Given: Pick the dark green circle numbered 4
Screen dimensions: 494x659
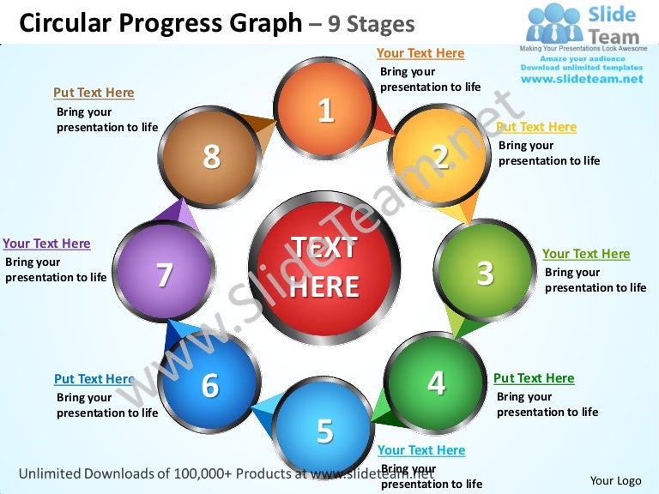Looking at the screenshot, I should click(x=436, y=383).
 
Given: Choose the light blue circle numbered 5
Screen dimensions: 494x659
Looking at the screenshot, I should click(x=324, y=430).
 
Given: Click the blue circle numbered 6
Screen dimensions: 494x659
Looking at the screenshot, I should click(x=210, y=385).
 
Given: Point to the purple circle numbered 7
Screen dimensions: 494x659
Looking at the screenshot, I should click(x=164, y=274).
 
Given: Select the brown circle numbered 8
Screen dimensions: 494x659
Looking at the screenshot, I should click(x=211, y=157).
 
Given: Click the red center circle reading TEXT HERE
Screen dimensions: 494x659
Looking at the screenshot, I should click(x=324, y=268).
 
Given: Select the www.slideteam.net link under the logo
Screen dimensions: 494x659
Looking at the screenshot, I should click(x=582, y=79).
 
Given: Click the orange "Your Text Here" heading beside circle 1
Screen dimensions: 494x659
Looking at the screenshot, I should click(x=420, y=53).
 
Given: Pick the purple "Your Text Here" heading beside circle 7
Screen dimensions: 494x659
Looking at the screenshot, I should click(x=46, y=244).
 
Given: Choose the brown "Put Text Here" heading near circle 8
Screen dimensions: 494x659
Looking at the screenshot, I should click(x=94, y=93).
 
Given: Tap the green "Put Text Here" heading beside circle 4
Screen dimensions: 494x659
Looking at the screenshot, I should click(x=534, y=378).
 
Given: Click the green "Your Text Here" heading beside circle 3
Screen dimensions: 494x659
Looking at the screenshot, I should click(x=586, y=254).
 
